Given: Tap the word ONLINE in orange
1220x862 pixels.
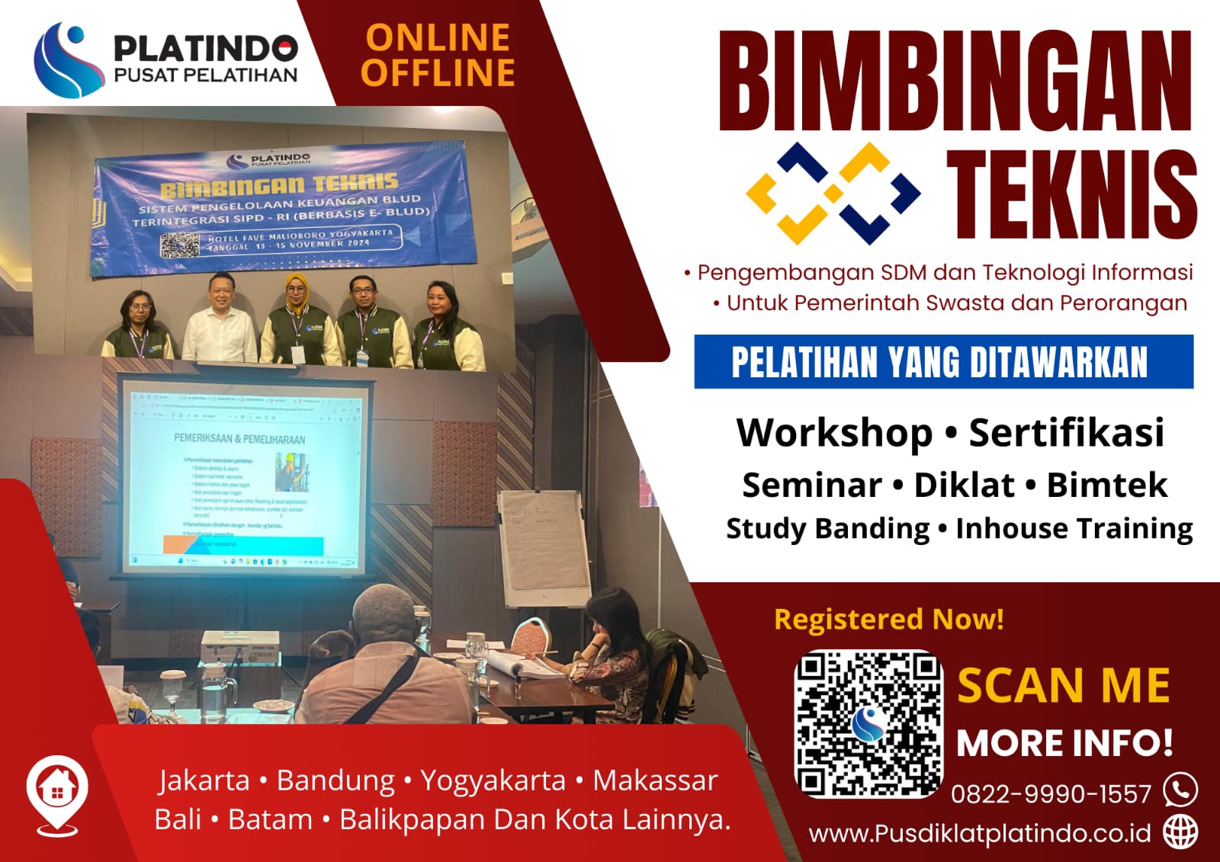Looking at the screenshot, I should [438, 37].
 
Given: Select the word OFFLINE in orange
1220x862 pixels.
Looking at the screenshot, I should [438, 73].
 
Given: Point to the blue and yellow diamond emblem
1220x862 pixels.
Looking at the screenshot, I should [833, 193].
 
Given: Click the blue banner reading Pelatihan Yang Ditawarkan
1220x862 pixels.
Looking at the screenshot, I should [943, 362].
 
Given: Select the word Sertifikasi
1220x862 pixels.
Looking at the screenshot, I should [1066, 433].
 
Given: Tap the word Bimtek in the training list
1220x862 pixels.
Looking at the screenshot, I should [1106, 485].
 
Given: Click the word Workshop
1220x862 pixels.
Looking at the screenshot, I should [834, 433].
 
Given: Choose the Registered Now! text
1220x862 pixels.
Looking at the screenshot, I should [889, 619].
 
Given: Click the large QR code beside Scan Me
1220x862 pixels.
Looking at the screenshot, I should [868, 724].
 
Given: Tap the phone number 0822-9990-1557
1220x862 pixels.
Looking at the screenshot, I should [1051, 794].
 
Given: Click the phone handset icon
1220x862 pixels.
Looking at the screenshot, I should [1180, 790].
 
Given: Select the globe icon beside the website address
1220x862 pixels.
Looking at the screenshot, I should [1180, 832].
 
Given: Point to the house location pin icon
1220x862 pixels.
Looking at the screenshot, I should [57, 791].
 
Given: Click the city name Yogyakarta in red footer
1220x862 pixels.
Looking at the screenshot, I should [493, 780].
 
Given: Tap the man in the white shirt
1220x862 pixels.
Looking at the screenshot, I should [221, 320].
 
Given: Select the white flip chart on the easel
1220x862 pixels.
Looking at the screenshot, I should [543, 545].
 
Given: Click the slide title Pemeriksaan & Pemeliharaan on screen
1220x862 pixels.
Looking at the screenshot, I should [239, 439].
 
